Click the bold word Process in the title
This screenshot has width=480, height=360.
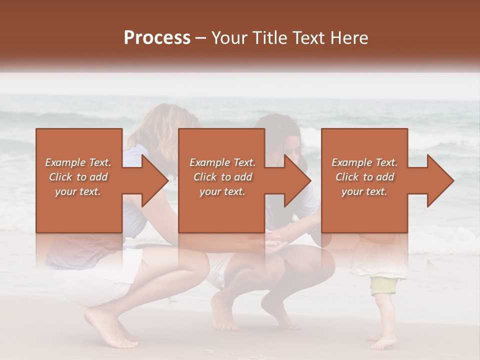[157, 38]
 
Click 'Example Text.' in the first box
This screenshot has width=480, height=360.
[78, 162]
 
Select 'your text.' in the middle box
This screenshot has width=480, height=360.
[222, 191]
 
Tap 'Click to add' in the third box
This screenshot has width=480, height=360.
[364, 177]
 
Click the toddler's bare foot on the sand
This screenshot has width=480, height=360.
[382, 343]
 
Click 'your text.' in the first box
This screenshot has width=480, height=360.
[78, 191]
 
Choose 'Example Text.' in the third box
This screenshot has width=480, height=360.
[364, 162]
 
